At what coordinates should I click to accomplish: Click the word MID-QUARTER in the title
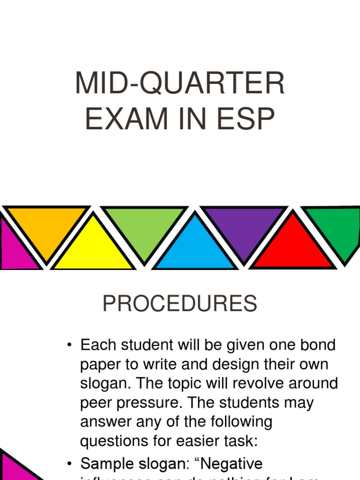point(180,84)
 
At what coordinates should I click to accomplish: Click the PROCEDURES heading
point(180,304)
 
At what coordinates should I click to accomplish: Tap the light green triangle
point(145,228)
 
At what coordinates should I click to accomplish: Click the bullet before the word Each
point(69,346)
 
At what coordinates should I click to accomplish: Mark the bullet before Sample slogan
point(69,465)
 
